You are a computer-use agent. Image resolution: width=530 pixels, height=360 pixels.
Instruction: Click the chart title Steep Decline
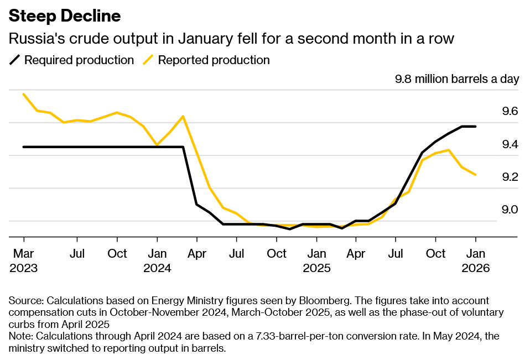pyautogui.click(x=65, y=17)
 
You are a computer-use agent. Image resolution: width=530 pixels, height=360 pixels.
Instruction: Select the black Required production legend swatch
pyautogui.click(x=15, y=60)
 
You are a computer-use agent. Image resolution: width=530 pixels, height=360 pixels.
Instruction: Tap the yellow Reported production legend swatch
pyautogui.click(x=149, y=60)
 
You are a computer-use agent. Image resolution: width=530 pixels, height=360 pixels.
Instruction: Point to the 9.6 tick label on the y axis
pyautogui.click(x=510, y=112)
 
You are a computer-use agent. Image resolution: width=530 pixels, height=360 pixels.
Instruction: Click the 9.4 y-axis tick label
pyautogui.click(x=510, y=145)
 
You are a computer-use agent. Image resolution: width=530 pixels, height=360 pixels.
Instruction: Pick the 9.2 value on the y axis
pyautogui.click(x=510, y=178)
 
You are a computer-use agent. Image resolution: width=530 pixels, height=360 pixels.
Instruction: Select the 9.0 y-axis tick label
pyautogui.click(x=510, y=210)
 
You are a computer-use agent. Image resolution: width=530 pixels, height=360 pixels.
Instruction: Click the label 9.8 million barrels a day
pyautogui.click(x=457, y=79)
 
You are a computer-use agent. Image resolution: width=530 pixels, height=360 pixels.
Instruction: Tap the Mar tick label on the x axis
pyautogui.click(x=24, y=254)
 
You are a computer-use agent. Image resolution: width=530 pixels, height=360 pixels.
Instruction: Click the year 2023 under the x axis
pyautogui.click(x=24, y=268)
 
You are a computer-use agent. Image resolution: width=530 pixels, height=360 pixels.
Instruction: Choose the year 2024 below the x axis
pyautogui.click(x=157, y=268)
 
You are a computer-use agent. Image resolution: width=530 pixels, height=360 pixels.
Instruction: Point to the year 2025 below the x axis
pyautogui.click(x=316, y=268)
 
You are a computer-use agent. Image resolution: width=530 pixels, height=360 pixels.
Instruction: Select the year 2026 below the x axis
pyautogui.click(x=476, y=268)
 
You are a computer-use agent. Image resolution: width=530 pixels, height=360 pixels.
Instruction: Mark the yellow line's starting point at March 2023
pyautogui.click(x=24, y=94)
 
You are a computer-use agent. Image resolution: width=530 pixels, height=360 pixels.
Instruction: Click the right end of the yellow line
pyautogui.click(x=475, y=175)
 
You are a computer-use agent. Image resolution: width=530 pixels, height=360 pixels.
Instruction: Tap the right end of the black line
pyautogui.click(x=475, y=127)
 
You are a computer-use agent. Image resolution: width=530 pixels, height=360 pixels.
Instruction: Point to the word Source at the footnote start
pyautogui.click(x=25, y=301)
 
